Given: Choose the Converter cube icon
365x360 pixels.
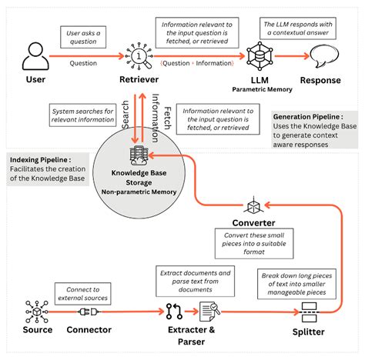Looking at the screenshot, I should point(254,206).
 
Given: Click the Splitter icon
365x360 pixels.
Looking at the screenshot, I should point(310,313).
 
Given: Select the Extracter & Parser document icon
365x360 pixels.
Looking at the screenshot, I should point(208,312).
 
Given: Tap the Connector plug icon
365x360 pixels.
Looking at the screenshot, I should point(88,312).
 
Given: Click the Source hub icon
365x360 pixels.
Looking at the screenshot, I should point(32,311).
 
